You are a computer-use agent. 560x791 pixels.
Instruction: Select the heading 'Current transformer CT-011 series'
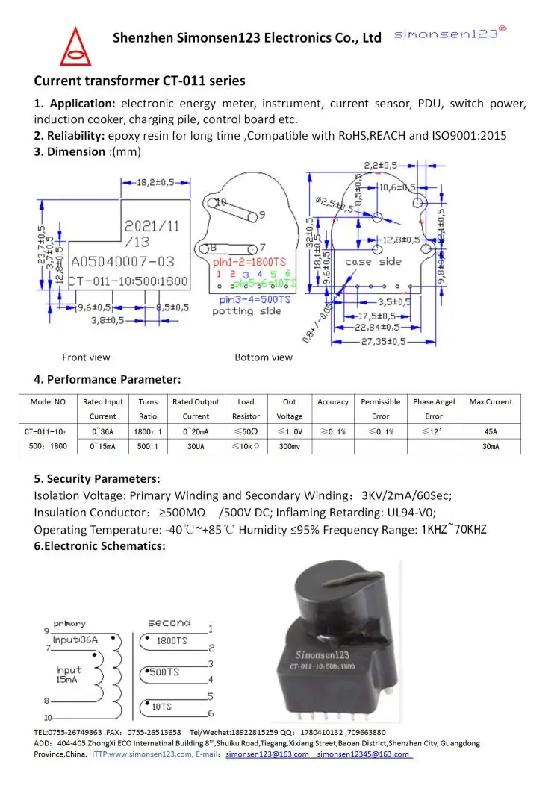tap(140, 81)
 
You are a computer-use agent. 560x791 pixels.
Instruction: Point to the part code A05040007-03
tap(122, 262)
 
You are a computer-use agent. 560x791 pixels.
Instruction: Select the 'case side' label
tap(373, 262)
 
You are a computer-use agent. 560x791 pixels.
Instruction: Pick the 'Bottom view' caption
tap(264, 357)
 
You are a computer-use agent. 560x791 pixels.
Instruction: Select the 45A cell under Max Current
tap(490, 431)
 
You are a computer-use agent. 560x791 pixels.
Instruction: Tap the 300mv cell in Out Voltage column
tap(290, 446)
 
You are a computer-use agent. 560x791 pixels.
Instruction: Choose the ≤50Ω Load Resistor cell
tap(246, 431)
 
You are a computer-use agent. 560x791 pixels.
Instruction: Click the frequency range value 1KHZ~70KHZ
tap(454, 530)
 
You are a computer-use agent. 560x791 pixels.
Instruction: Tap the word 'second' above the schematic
tap(169, 622)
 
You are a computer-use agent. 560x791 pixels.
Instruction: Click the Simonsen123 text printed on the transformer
tap(324, 654)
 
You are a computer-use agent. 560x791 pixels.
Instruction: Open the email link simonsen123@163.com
tap(267, 754)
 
